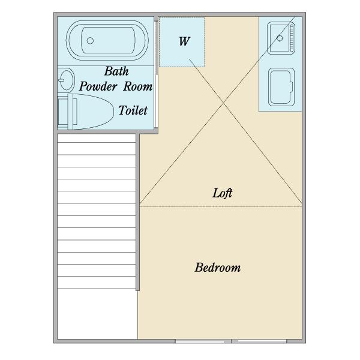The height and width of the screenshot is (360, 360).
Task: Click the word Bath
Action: point(116,71)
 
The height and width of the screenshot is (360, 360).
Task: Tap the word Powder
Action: point(98,86)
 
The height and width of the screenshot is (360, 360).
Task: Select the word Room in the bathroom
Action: point(138,86)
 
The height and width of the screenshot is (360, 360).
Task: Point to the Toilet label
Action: point(133,110)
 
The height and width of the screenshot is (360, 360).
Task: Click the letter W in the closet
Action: point(184,41)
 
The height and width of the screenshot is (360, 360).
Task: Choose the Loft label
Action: point(222,193)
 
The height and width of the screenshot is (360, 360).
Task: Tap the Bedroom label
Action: point(218,268)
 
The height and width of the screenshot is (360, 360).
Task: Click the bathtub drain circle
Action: point(90,41)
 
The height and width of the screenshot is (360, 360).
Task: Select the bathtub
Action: point(107,41)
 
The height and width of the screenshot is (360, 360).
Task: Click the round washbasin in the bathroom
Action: point(67,80)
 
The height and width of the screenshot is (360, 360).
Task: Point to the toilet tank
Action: point(63,112)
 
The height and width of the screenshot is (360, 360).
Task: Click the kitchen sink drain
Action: point(280,38)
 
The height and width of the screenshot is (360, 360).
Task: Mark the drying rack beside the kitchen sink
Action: point(292,38)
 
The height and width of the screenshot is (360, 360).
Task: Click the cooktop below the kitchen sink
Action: point(281,87)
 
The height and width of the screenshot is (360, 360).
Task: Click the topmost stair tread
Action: point(97,138)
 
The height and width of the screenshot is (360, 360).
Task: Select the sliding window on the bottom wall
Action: point(231,341)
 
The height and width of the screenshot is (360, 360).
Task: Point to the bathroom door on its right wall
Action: point(156,74)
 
